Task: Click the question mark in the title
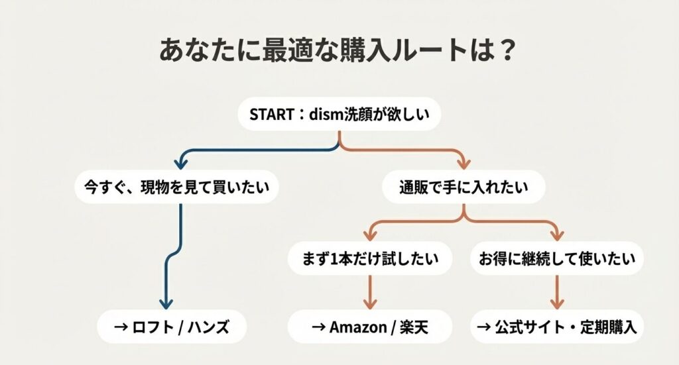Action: (x=507, y=52)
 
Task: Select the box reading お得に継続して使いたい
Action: (x=556, y=259)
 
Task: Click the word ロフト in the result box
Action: (x=149, y=327)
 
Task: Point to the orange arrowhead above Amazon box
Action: (x=369, y=302)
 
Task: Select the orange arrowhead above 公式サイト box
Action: (x=558, y=302)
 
